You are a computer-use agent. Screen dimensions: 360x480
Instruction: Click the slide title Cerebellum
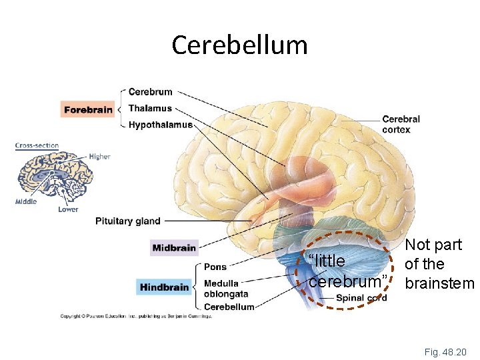point(239,45)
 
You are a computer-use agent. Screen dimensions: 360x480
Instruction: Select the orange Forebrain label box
point(88,109)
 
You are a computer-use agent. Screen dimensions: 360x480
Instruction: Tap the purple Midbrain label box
point(175,248)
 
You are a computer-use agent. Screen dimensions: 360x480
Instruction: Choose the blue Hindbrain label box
point(165,287)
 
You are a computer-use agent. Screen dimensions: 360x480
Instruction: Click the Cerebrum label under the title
point(151,92)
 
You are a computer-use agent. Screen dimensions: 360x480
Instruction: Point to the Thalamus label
point(150,108)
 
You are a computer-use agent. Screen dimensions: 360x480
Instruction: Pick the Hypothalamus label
point(160,125)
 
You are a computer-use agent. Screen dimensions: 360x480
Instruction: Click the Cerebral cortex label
point(401,125)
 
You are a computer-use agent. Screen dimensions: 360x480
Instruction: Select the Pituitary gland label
point(128,221)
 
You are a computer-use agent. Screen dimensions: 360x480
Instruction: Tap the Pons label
point(215,267)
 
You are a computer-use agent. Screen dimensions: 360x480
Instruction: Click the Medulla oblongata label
point(225,289)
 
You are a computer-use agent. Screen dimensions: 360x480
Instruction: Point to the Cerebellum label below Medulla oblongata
point(229,307)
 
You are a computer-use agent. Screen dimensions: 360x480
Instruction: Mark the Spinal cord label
point(361,298)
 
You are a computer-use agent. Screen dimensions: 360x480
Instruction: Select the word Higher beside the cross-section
point(99,157)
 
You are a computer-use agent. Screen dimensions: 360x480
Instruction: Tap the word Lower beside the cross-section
point(68,209)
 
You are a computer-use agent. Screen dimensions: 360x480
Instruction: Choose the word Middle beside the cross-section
point(27,202)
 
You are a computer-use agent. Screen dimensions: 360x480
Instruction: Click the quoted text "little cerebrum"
point(347,271)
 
